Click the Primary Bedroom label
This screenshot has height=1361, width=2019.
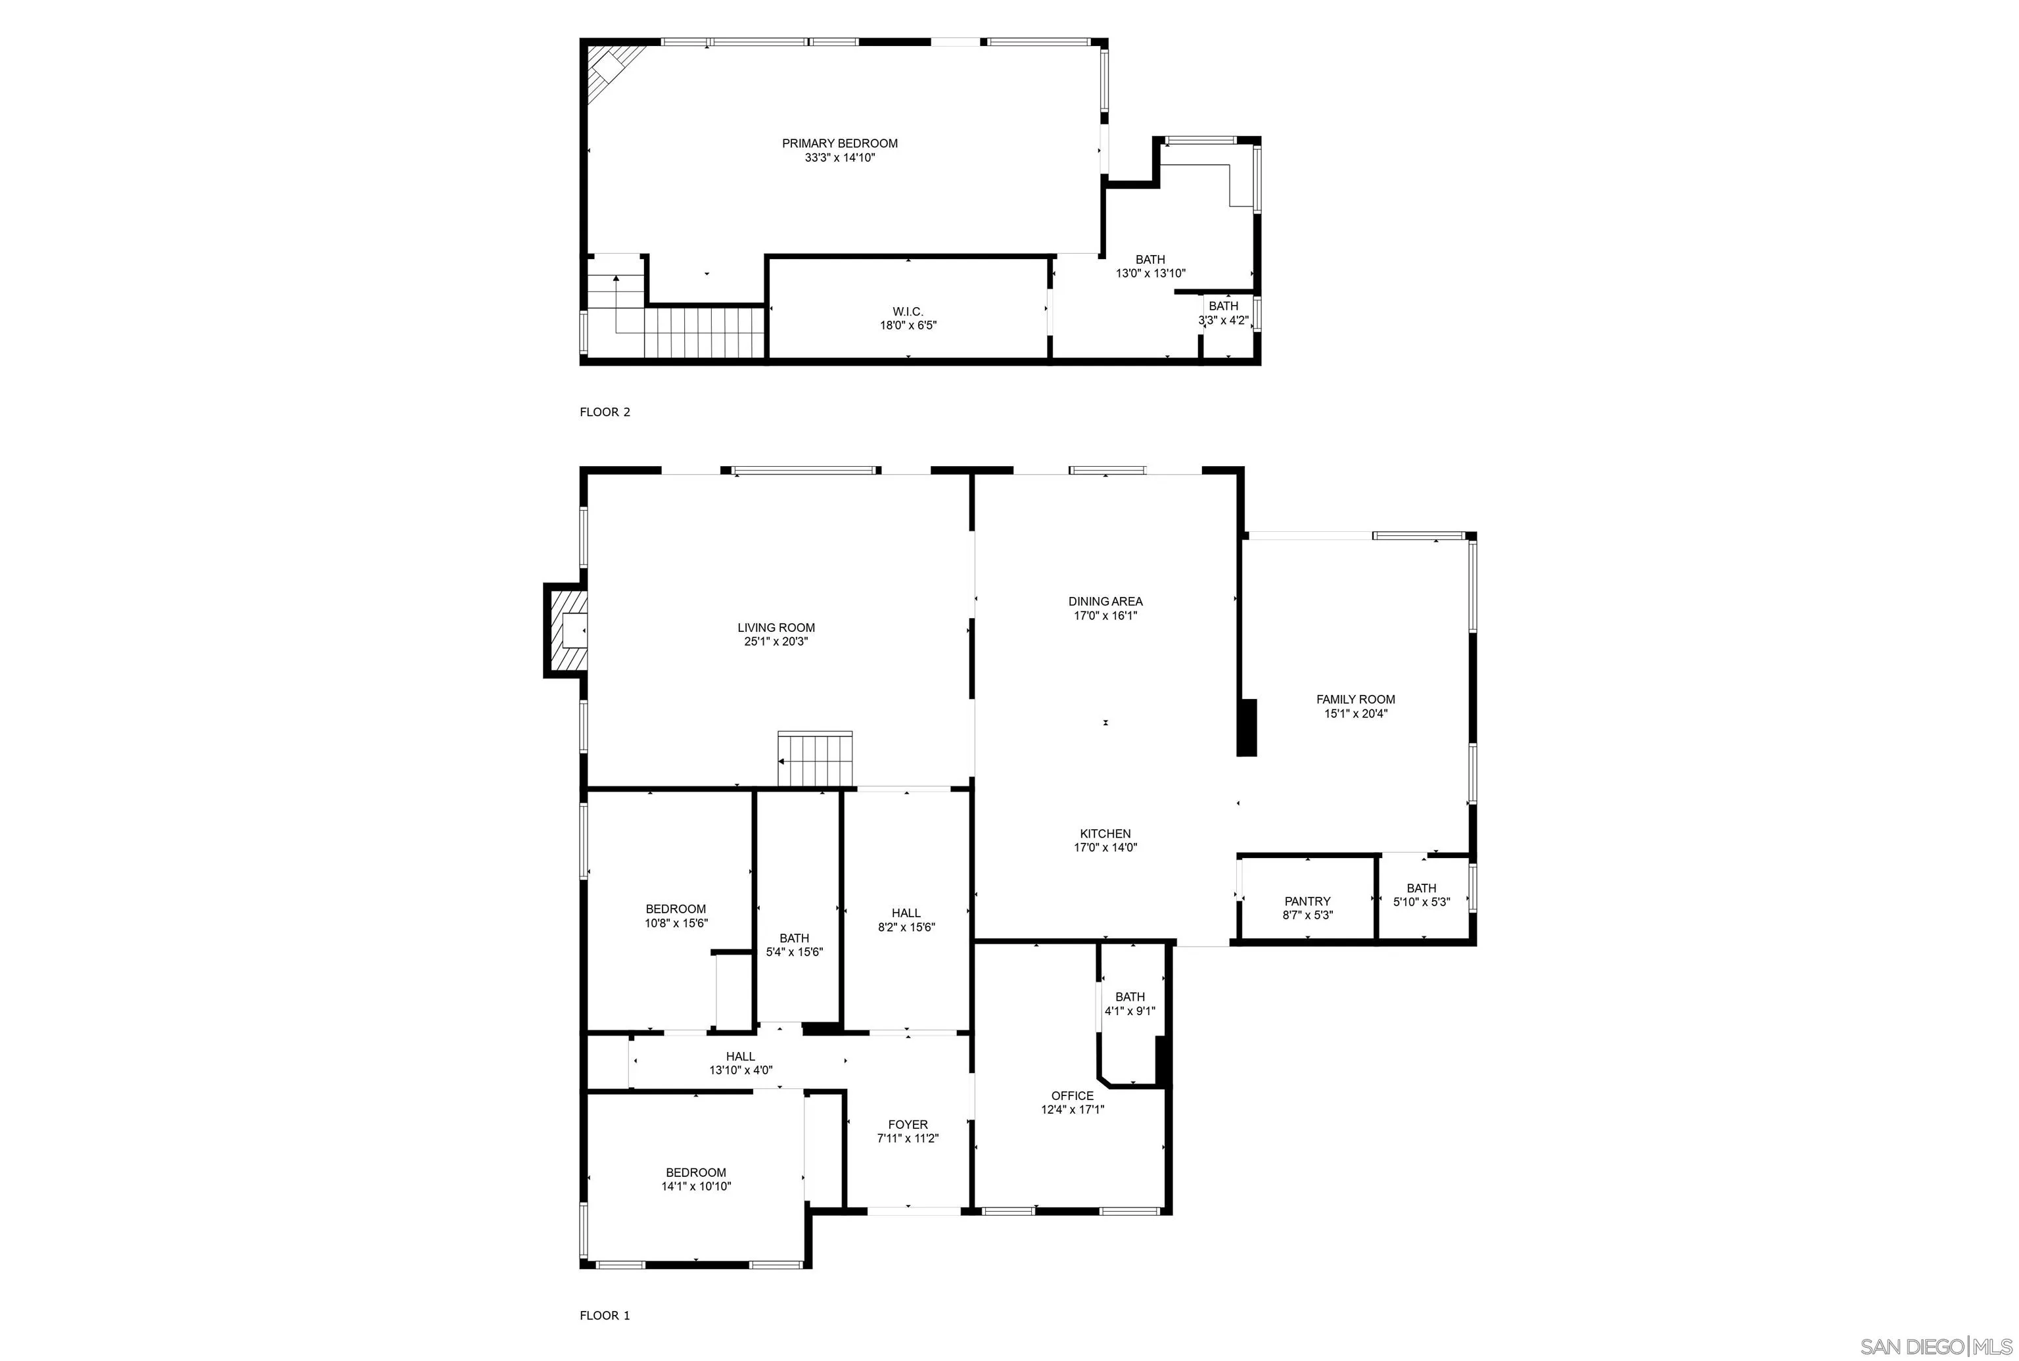pyautogui.click(x=839, y=143)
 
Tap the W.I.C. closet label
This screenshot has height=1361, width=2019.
pyautogui.click(x=908, y=312)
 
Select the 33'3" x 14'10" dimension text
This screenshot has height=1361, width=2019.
pyautogui.click(x=839, y=158)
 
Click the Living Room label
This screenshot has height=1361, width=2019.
pyautogui.click(x=776, y=627)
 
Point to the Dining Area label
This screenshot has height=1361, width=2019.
pyautogui.click(x=1105, y=601)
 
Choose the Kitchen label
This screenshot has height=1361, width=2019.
pyautogui.click(x=1105, y=833)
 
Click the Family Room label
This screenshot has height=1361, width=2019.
pyautogui.click(x=1355, y=699)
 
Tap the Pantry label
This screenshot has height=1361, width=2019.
pyautogui.click(x=1307, y=901)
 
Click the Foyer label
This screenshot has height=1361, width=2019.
pyautogui.click(x=908, y=1124)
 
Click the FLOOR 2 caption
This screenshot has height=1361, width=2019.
pyautogui.click(x=605, y=412)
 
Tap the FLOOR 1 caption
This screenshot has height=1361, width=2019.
pyautogui.click(x=605, y=1315)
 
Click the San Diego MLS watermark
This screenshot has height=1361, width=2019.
pyautogui.click(x=1935, y=1347)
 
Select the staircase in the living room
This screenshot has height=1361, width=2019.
pyautogui.click(x=816, y=759)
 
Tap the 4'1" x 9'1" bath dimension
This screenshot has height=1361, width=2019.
pyautogui.click(x=1130, y=1011)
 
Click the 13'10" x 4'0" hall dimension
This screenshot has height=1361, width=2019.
pyautogui.click(x=740, y=1070)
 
